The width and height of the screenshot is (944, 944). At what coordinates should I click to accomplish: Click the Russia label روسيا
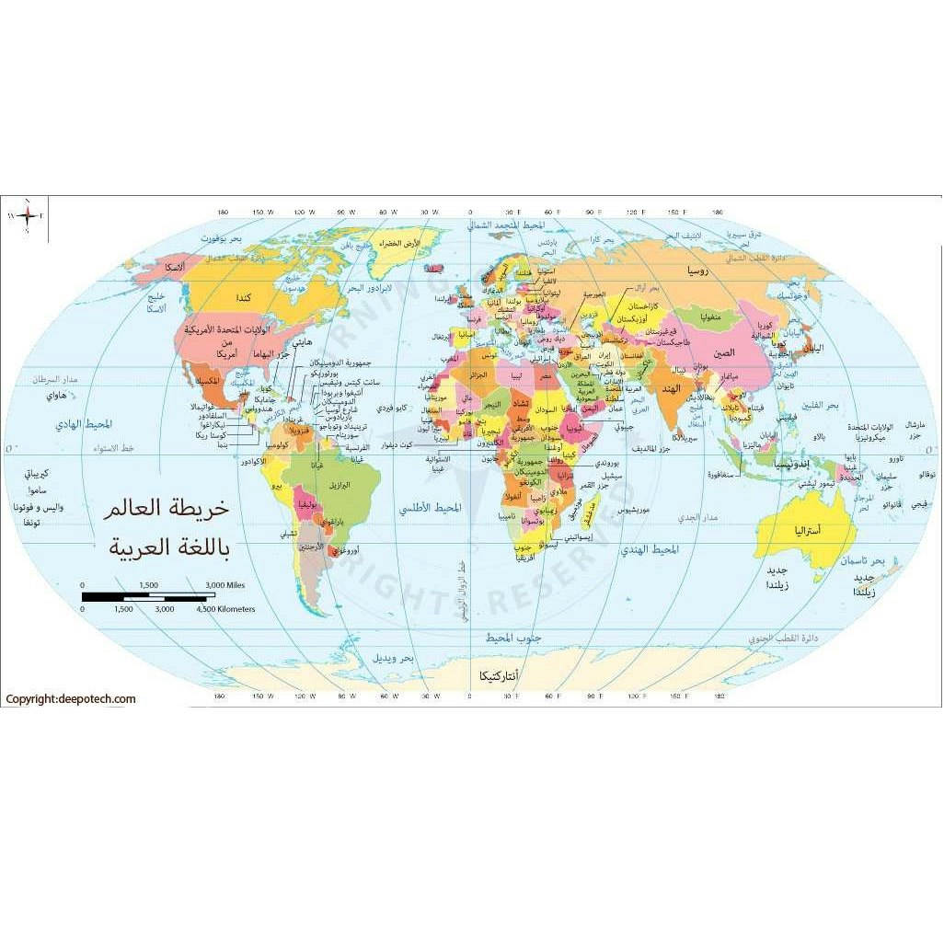[691, 272]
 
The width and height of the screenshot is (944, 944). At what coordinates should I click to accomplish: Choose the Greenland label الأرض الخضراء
[400, 243]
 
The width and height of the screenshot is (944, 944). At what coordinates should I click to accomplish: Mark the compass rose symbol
[29, 216]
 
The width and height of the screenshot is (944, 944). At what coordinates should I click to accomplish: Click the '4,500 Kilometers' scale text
[225, 609]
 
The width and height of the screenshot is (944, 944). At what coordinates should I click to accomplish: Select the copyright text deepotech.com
[71, 699]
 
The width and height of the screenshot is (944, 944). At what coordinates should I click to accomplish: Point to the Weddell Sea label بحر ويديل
[393, 659]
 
